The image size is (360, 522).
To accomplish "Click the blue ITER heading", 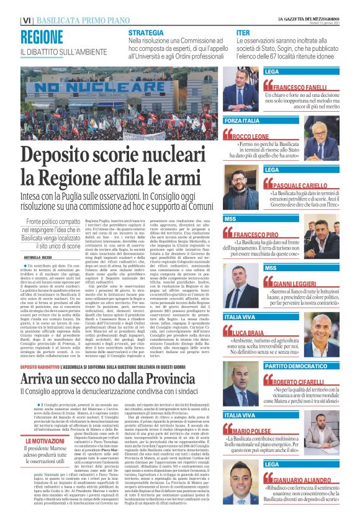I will (x=244, y=32).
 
